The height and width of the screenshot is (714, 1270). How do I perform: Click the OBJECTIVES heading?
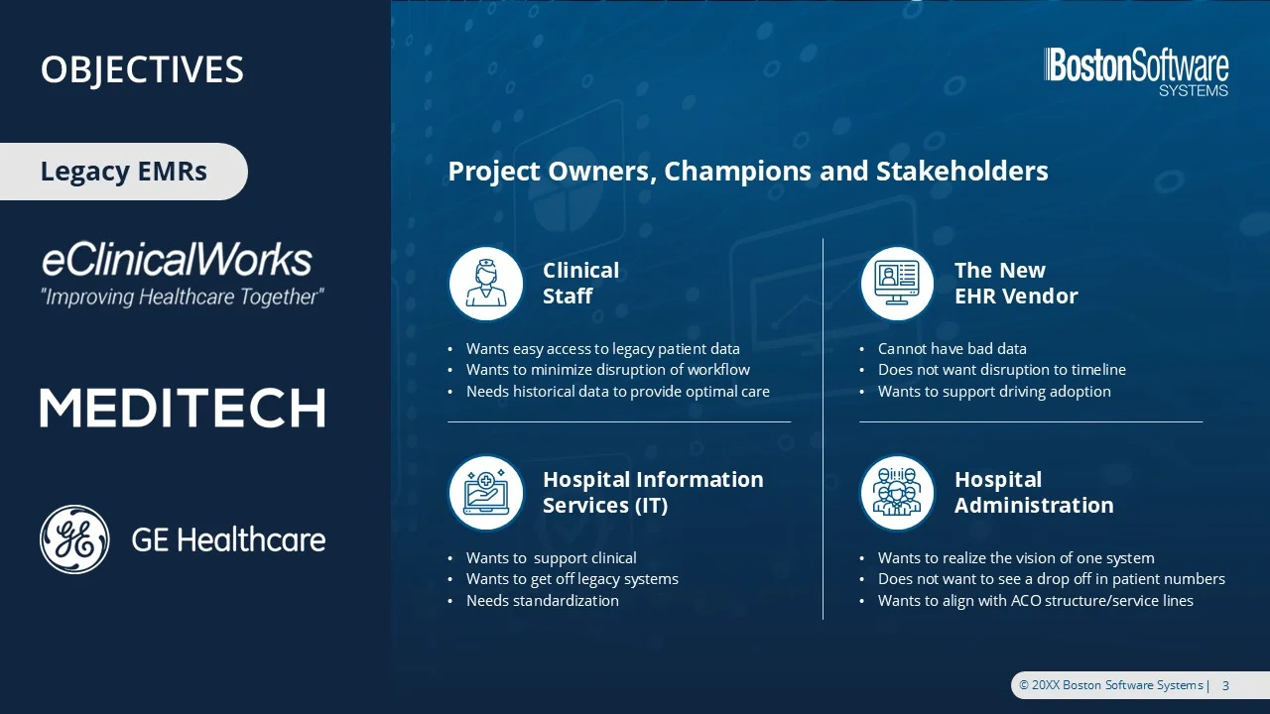tap(142, 69)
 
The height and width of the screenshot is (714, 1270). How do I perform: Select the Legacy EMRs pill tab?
tap(124, 172)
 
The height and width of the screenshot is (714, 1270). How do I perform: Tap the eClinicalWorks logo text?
tap(177, 259)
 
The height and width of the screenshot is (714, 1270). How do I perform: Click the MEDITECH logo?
tap(183, 408)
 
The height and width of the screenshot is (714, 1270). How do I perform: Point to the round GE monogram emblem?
tap(74, 539)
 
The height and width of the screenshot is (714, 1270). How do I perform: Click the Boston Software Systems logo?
tap(1136, 73)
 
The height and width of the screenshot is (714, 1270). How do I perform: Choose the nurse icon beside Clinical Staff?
tap(486, 284)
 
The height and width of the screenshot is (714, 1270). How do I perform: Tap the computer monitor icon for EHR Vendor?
tap(897, 284)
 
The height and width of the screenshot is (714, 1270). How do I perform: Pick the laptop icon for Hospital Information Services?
tap(486, 493)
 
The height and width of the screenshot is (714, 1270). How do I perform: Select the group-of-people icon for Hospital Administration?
tap(897, 493)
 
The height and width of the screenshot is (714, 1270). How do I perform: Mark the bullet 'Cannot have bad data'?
tap(952, 348)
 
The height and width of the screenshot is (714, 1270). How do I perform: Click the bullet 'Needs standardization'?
tap(543, 601)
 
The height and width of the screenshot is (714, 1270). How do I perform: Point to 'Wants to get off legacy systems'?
tap(572, 579)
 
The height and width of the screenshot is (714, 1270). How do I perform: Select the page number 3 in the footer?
tap(1225, 685)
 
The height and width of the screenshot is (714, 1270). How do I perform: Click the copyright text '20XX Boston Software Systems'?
tap(1116, 685)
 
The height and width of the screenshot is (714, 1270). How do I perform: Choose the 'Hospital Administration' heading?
tap(1034, 493)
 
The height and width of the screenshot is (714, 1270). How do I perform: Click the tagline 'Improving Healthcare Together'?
tap(183, 297)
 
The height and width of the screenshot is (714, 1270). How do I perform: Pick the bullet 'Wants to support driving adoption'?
tap(994, 392)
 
